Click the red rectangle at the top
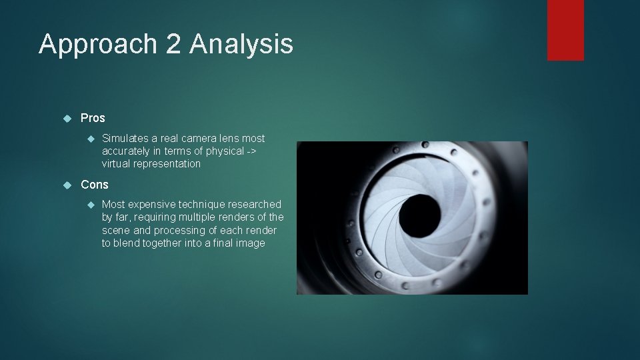point(565,30)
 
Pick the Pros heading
point(93,118)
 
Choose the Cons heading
point(94,185)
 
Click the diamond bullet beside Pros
point(67,118)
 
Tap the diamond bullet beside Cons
point(67,185)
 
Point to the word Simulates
point(125,139)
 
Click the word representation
point(169,164)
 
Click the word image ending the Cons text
point(251,243)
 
